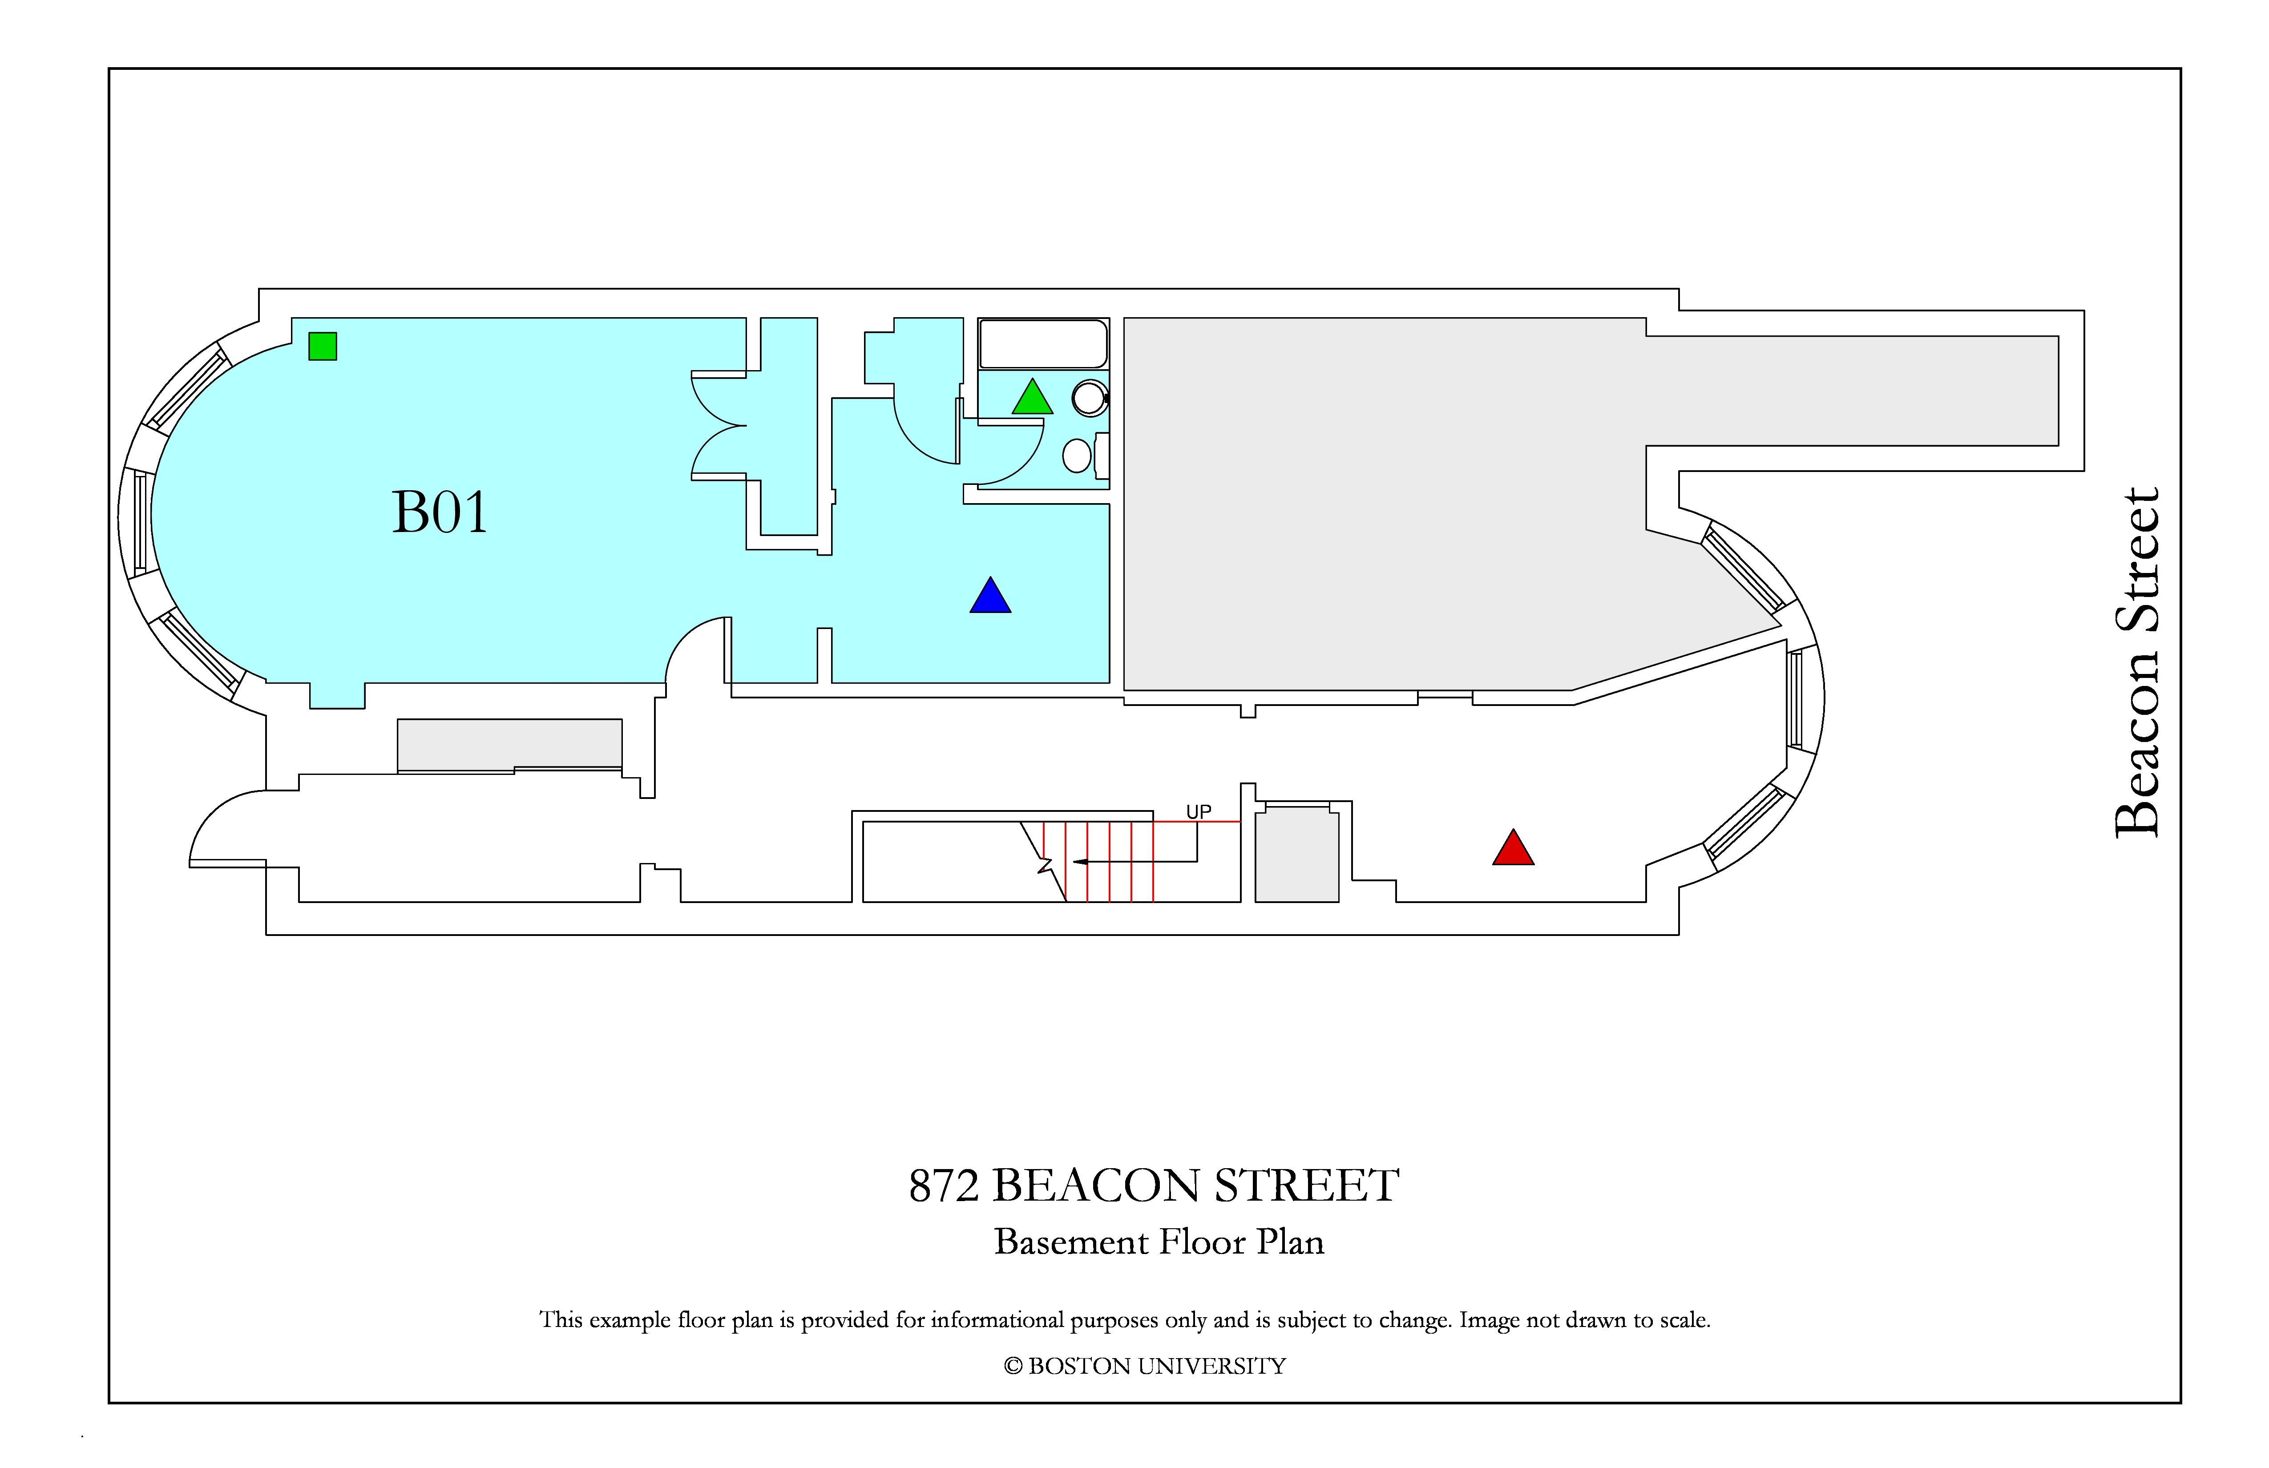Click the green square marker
coord(322,346)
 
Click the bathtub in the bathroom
coord(1043,344)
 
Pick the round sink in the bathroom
coord(1090,398)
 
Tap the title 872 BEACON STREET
coord(1154,1186)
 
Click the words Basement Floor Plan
coord(1159,1242)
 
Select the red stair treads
coord(1098,862)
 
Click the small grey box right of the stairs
coord(1296,854)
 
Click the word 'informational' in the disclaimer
coord(997,1320)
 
